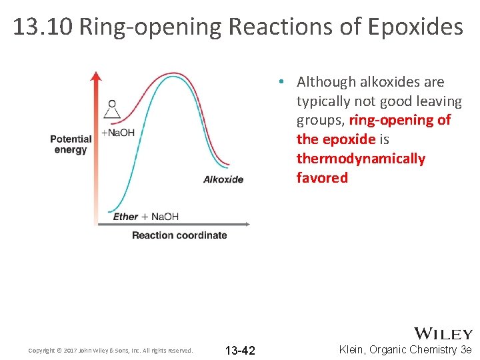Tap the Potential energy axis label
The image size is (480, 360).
click(71, 144)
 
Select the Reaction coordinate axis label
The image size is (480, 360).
click(179, 235)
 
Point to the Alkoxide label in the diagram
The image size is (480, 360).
click(223, 179)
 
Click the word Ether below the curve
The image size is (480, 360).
click(125, 217)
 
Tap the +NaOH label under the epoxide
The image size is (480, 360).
click(118, 133)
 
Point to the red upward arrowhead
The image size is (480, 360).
click(96, 76)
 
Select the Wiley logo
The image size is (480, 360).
click(443, 333)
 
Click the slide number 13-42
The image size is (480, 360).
click(240, 351)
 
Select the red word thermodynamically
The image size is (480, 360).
click(361, 159)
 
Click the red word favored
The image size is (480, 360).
click(322, 178)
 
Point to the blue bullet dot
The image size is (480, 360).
click(283, 82)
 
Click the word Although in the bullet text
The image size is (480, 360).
click(326, 82)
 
